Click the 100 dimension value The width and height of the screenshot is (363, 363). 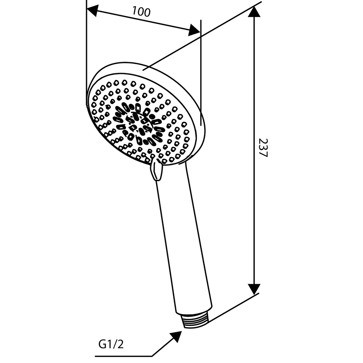tap(141, 12)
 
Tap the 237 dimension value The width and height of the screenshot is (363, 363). tap(263, 148)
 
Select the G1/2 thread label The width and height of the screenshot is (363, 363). tap(111, 344)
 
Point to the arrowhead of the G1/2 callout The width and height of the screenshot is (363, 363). tap(177, 336)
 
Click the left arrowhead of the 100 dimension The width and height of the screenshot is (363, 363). tap(92, 10)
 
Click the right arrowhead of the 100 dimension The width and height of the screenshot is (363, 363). tap(194, 30)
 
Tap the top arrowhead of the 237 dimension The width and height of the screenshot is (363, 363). tap(254, 12)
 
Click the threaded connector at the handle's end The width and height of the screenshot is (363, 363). tap(196, 321)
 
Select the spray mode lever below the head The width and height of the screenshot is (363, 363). tap(156, 170)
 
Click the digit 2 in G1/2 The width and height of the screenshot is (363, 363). tap(120, 344)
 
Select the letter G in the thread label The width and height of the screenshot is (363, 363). tap(102, 344)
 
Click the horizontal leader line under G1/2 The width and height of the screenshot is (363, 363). tap(123, 356)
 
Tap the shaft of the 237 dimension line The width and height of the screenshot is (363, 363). tap(254, 150)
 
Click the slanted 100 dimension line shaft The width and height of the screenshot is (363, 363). tap(143, 20)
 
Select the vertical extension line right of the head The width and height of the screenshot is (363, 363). tap(201, 73)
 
